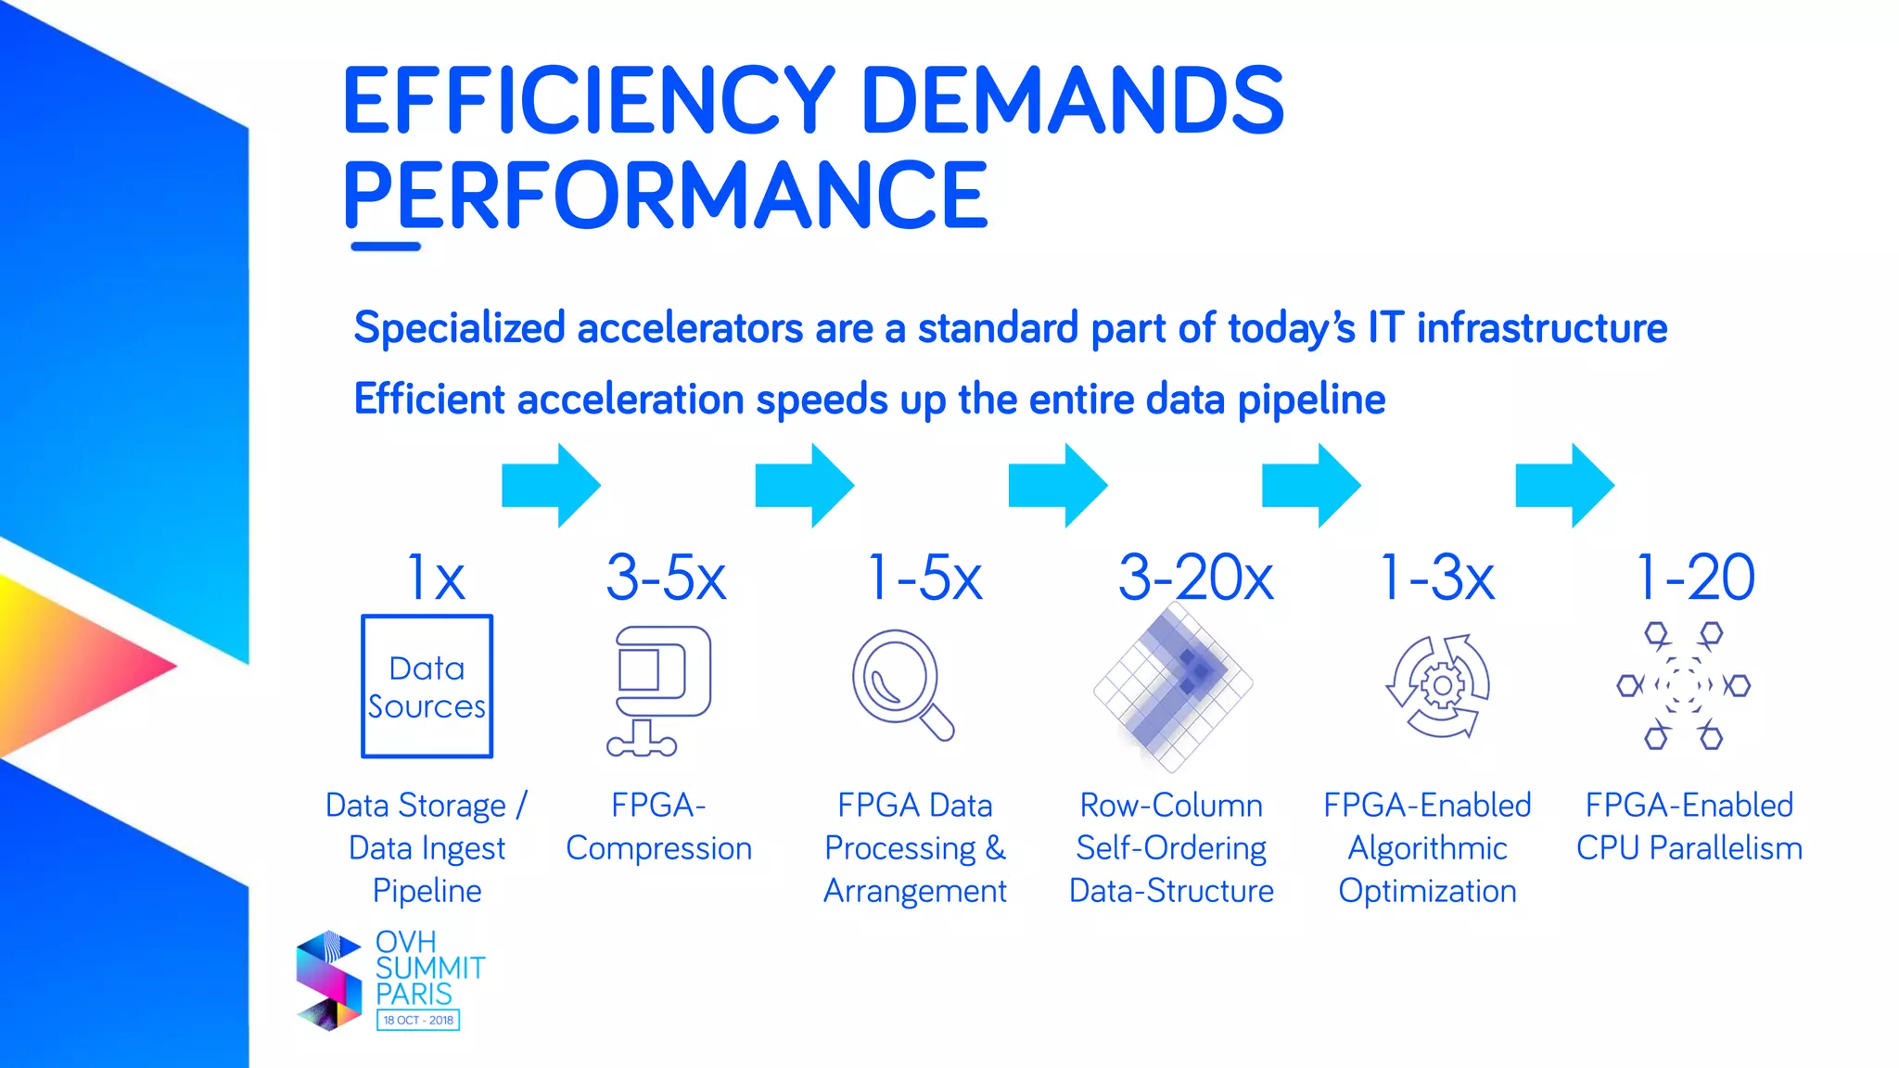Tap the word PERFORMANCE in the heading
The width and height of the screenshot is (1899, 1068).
pyautogui.click(x=665, y=196)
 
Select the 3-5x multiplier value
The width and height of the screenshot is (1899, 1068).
pyautogui.click(x=666, y=578)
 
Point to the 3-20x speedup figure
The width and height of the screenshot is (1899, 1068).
pyautogui.click(x=1195, y=578)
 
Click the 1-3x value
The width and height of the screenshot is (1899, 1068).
pyautogui.click(x=1437, y=578)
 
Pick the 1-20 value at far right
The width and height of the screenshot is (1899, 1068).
pyautogui.click(x=1695, y=578)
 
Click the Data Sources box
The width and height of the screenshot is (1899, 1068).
pyautogui.click(x=427, y=686)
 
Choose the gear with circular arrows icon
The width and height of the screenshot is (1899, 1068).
pyautogui.click(x=1439, y=686)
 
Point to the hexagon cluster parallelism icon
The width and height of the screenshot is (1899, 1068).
pyautogui.click(x=1683, y=686)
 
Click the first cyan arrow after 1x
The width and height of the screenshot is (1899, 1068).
pyautogui.click(x=551, y=486)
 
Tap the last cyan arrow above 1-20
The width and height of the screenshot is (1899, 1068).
pyautogui.click(x=1564, y=486)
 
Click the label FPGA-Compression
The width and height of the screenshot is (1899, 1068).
pyautogui.click(x=658, y=827)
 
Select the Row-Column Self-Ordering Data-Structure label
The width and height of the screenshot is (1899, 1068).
pyautogui.click(x=1171, y=847)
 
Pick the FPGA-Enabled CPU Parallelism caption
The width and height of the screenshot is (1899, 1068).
pyautogui.click(x=1689, y=827)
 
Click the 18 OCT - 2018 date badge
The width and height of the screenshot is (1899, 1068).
pyautogui.click(x=418, y=1020)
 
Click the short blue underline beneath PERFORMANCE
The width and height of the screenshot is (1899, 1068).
pyautogui.click(x=386, y=247)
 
